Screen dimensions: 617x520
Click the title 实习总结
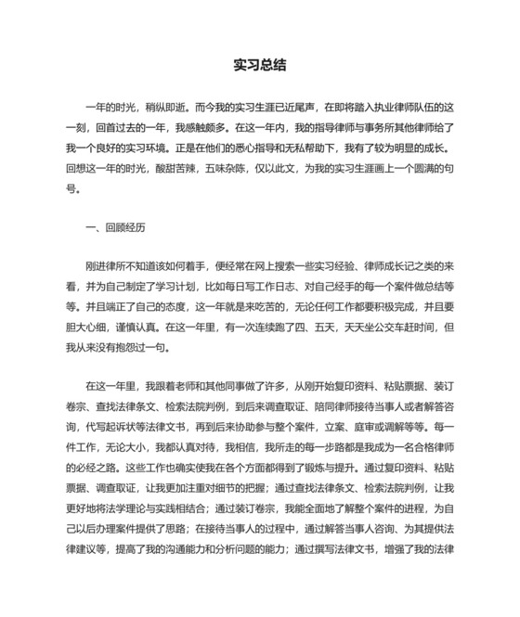260,65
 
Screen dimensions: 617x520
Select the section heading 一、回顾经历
115,226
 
